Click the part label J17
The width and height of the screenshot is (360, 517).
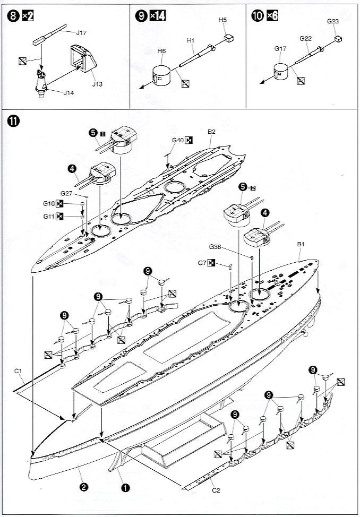81,32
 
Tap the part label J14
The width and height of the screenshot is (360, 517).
69,94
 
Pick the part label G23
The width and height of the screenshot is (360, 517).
333,22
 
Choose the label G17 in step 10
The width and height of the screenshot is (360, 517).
280,49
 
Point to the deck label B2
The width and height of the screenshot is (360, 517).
211,132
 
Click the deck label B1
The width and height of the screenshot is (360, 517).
301,244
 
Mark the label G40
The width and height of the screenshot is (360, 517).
177,141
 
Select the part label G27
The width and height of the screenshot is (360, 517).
67,193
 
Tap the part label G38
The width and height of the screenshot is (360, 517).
215,247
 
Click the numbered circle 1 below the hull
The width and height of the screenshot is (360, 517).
125,486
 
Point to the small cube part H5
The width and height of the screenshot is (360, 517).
228,38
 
